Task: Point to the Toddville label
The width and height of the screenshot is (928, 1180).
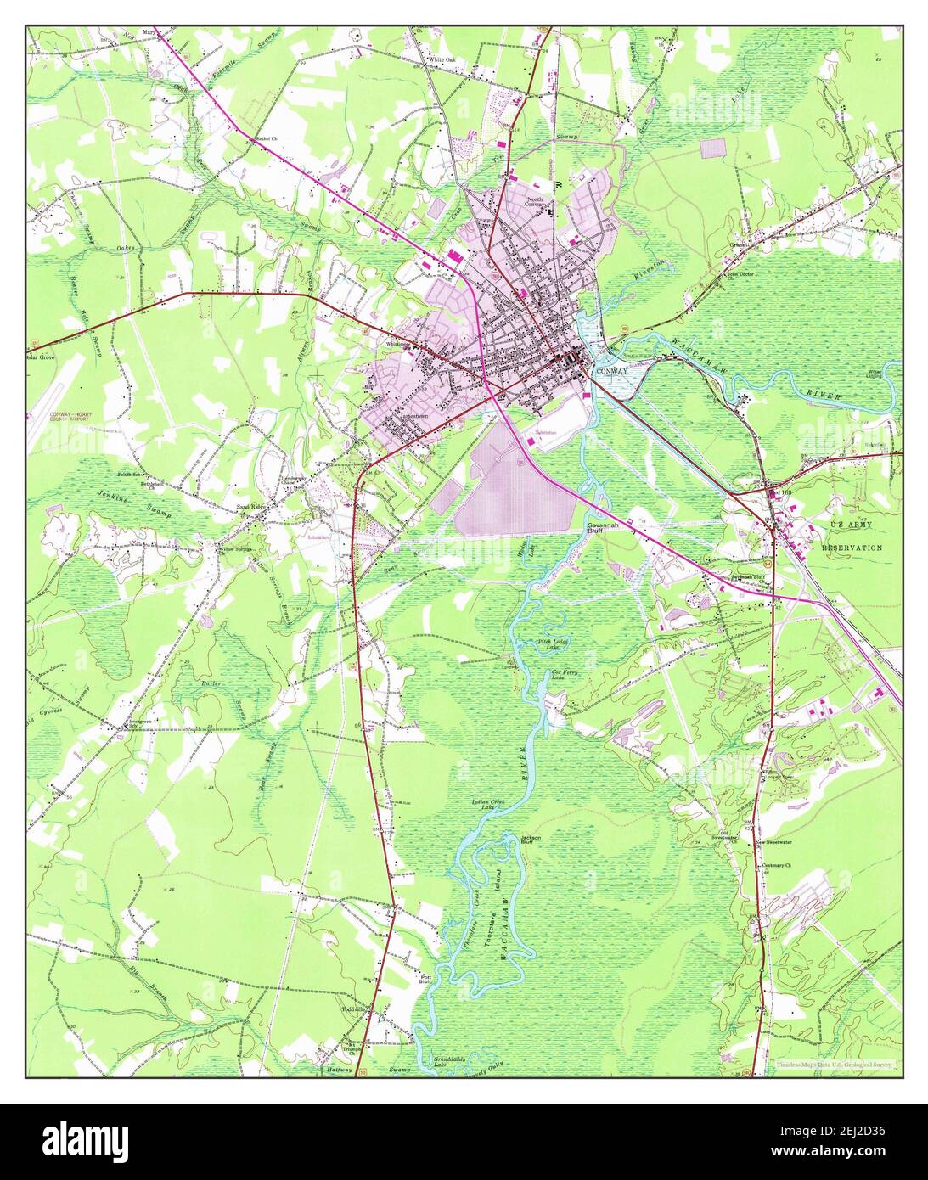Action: coord(353,1009)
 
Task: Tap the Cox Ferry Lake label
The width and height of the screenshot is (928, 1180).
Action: coord(558,675)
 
